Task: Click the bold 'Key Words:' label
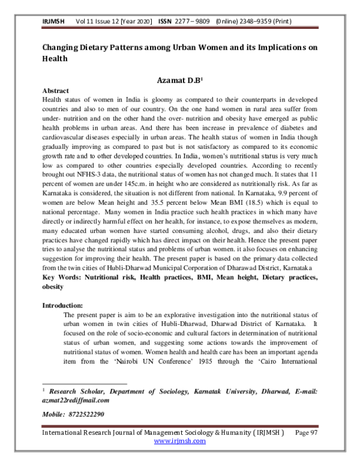point(61,278)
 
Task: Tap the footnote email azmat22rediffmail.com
point(76,399)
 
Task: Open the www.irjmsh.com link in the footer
point(180,441)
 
